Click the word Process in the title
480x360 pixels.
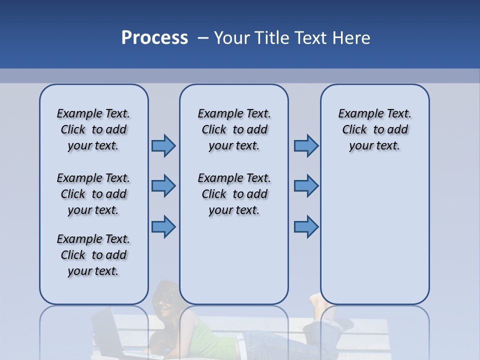(154, 37)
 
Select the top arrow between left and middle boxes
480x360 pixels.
(163, 145)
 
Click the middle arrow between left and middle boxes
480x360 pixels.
(163, 186)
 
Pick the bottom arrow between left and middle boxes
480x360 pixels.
(163, 226)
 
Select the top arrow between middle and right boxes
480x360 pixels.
(306, 145)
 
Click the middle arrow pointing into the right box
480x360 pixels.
(306, 186)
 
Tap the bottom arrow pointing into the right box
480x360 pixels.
(306, 226)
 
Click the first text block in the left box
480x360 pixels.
(93, 129)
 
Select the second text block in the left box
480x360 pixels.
(93, 194)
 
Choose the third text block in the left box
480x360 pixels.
(93, 255)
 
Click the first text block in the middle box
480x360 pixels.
(234, 129)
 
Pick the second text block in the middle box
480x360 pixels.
(234, 194)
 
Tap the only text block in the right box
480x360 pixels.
(374, 129)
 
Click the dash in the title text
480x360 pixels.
(203, 37)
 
